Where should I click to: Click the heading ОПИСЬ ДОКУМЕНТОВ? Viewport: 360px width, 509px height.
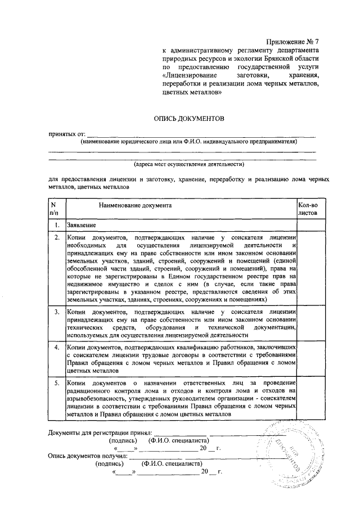(189, 119)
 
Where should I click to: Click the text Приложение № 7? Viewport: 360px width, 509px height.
(292, 42)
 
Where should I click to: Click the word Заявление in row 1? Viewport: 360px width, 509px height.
(81, 226)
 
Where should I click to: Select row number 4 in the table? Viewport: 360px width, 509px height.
(57, 348)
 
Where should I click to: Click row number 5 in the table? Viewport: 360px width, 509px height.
(57, 384)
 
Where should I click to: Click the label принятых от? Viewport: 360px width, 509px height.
(66, 134)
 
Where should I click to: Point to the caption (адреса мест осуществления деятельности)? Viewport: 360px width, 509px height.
(188, 165)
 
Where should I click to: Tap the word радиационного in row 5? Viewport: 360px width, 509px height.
(90, 391)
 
